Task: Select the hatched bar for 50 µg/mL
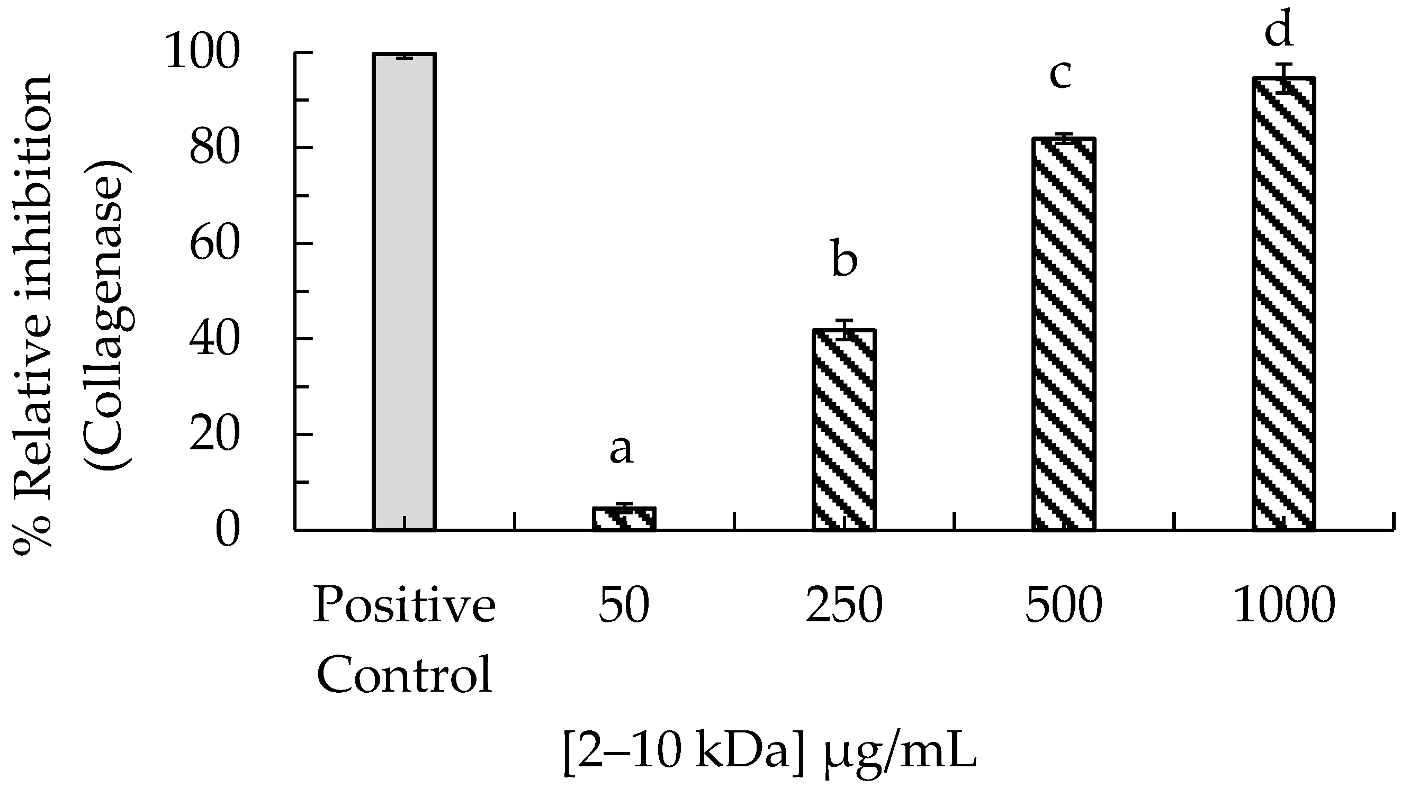(x=624, y=519)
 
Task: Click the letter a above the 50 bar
(x=621, y=450)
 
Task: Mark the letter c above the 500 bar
(x=1060, y=75)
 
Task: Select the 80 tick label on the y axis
(x=214, y=149)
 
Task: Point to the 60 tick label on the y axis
(x=214, y=244)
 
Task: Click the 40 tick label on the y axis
(x=214, y=340)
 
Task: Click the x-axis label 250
(x=844, y=606)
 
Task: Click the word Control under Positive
(x=404, y=675)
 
